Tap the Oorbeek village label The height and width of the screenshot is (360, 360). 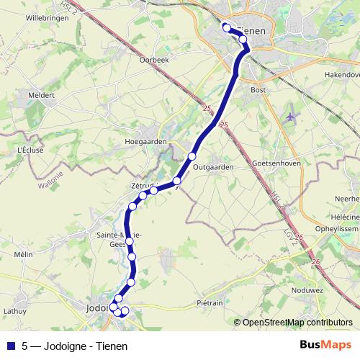tap(154, 60)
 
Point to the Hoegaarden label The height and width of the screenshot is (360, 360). tap(145, 142)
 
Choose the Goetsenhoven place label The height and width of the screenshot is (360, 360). tap(276, 163)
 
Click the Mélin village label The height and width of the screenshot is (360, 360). tap(24, 254)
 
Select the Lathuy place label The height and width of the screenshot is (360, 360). tap(14, 311)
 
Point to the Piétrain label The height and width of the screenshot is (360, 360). tap(210, 303)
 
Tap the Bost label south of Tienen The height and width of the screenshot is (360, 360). tap(258, 90)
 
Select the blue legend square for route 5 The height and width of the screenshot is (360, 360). tap(11, 345)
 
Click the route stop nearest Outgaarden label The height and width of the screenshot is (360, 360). tap(192, 156)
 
